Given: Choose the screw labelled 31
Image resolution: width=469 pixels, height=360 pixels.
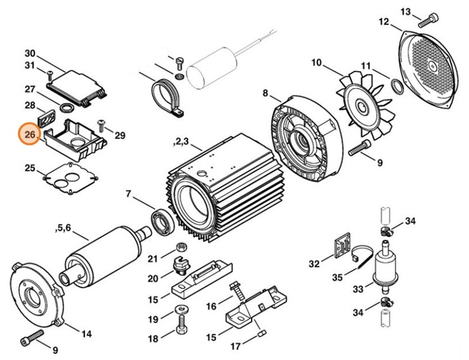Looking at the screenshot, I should click(49, 74).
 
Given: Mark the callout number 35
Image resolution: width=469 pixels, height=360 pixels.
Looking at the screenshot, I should click(337, 277).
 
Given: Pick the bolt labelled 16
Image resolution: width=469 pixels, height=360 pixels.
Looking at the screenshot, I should click(238, 292).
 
